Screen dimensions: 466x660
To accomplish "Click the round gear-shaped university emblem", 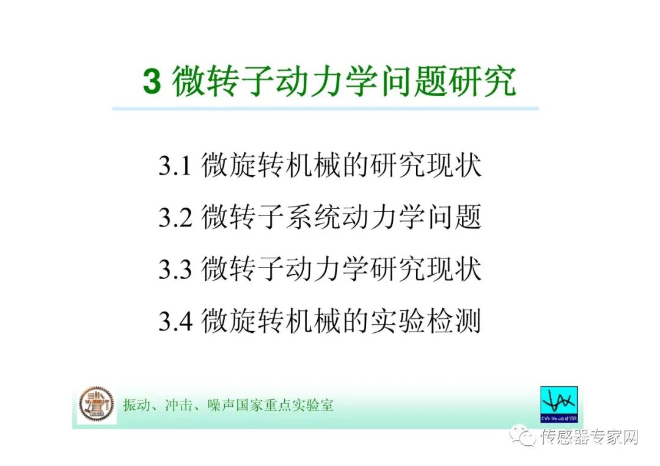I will pos(96,404).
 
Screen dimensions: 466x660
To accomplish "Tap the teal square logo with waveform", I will pos(559,404).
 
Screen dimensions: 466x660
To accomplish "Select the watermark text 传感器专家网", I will pos(590,437).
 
